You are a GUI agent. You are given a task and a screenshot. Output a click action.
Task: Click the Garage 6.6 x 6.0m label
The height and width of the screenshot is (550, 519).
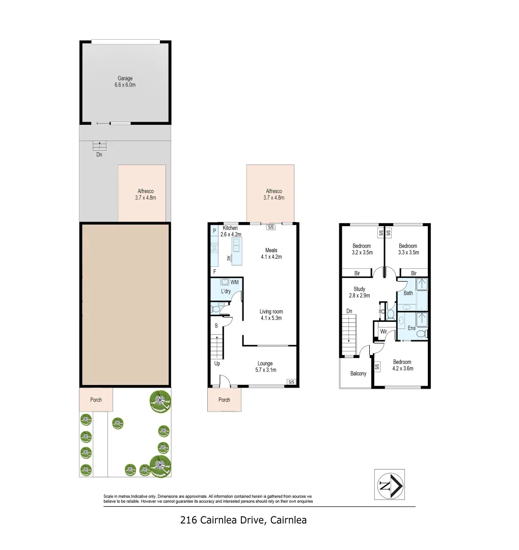[x=125, y=81]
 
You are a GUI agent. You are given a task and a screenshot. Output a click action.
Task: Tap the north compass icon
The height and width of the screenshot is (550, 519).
[x=390, y=484]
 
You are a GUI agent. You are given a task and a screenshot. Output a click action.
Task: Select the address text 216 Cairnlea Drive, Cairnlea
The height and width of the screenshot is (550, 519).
[x=243, y=520]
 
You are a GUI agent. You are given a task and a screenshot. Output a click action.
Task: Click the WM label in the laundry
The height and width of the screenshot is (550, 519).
[x=235, y=282]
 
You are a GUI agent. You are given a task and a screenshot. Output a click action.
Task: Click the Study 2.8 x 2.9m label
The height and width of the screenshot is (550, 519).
[x=359, y=292]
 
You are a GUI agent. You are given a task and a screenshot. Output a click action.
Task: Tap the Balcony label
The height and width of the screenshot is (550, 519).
[x=358, y=374]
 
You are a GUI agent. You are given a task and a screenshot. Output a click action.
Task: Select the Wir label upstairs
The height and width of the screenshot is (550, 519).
[x=384, y=332]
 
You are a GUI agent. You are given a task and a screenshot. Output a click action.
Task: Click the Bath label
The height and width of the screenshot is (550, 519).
[x=408, y=293]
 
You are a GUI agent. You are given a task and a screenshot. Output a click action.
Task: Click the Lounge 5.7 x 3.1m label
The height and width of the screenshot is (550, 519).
[x=265, y=367]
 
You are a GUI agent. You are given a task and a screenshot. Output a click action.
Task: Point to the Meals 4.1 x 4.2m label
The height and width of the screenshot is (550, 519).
[x=271, y=254]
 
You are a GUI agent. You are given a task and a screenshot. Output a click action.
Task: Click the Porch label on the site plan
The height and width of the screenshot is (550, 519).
[x=96, y=400]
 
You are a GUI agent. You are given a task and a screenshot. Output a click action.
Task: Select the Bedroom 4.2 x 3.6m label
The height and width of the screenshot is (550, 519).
[x=402, y=365]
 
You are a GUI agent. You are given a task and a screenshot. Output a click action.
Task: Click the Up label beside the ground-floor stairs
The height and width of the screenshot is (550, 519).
[x=217, y=363]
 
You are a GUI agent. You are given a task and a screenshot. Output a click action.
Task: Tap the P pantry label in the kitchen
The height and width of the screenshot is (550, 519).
[x=214, y=231]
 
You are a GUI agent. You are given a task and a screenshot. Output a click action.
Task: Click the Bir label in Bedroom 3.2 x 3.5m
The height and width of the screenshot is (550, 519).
[x=357, y=273]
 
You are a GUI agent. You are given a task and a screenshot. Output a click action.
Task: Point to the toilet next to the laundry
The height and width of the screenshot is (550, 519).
[x=216, y=308]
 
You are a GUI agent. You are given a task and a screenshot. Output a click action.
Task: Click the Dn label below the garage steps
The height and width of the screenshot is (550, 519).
[x=99, y=154]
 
